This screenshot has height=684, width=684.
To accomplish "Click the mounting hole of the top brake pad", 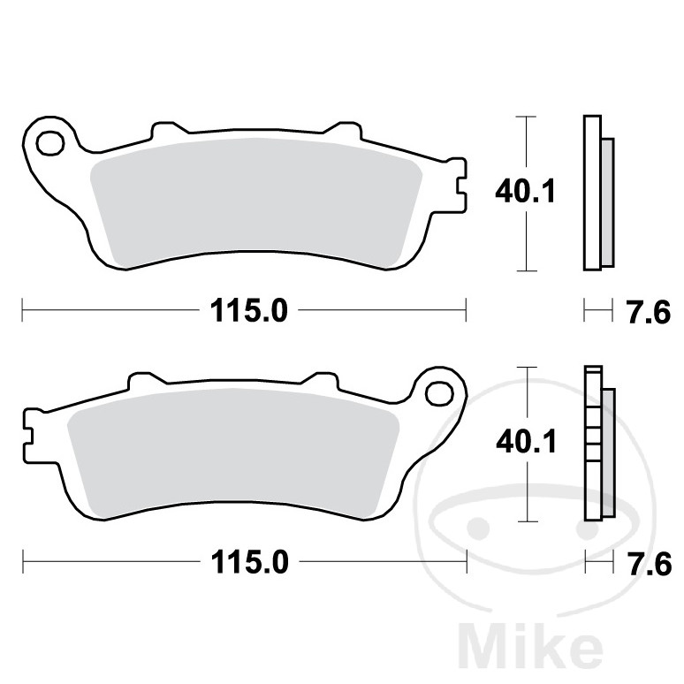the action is coord(50,142).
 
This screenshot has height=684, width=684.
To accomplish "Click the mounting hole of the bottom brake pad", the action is coord(439,393).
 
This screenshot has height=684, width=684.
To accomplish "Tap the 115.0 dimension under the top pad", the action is coord(249,311).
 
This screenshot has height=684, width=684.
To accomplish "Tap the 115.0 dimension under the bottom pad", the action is coord(249,562).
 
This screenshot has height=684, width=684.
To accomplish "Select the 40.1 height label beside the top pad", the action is coord(525,192).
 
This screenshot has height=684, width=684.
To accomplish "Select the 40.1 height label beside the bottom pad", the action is coord(526,442).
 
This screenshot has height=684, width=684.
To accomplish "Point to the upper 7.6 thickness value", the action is coord(649,312).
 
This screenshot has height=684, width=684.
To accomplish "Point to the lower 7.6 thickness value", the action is coord(650,563).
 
